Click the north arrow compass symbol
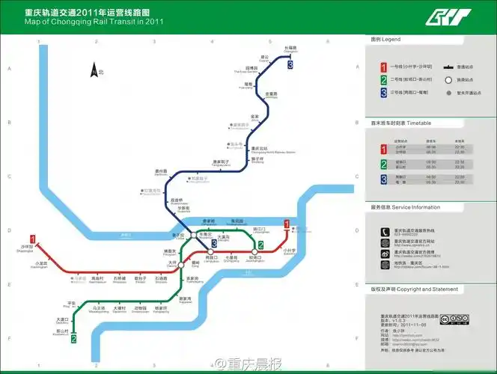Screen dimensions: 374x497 point(94,70)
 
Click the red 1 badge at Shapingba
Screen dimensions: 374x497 point(32,239)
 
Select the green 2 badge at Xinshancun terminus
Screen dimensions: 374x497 point(73,340)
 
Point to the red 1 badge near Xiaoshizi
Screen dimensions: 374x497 point(287,223)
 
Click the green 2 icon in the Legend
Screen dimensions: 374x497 point(383,80)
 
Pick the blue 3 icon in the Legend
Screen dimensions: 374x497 point(383,93)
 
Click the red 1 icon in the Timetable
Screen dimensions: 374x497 point(383,147)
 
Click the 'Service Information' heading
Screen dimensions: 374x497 point(405,207)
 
